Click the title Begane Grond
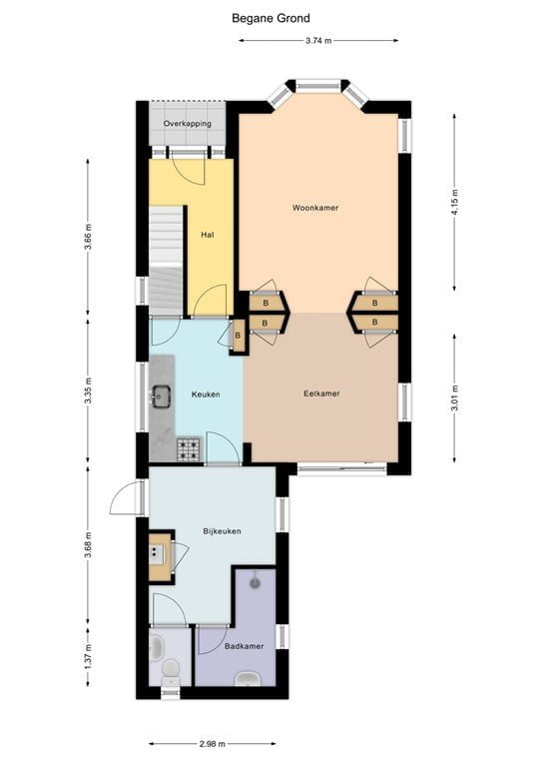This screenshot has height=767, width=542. click(x=271, y=18)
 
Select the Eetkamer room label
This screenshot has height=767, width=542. click(x=321, y=393)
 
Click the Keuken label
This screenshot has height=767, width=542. click(x=205, y=394)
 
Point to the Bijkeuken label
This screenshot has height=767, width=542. click(x=221, y=531)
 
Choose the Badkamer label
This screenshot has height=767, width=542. click(x=244, y=646)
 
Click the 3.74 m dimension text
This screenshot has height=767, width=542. click(x=318, y=41)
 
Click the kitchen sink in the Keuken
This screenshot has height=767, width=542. click(x=161, y=396)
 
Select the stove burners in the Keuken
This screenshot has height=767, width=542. click(x=188, y=450)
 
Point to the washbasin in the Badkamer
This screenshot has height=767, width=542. click(x=248, y=681)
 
